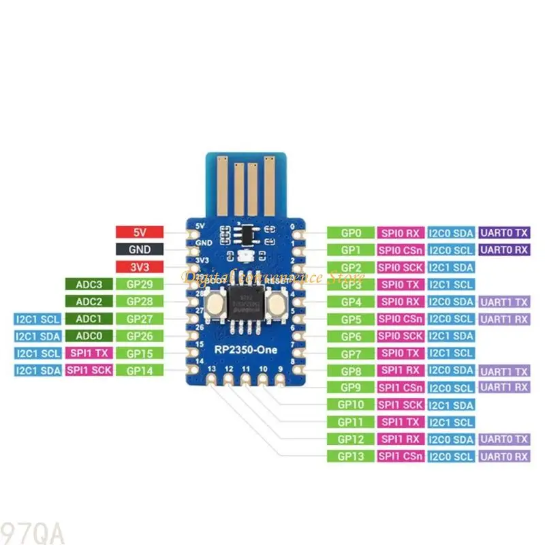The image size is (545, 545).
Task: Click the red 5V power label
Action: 140,232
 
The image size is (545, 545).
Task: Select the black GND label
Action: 140,249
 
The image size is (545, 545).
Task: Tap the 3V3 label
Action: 140,266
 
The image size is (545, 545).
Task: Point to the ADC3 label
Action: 89,284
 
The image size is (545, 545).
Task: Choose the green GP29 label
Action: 140,284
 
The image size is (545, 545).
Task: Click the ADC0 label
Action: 89,336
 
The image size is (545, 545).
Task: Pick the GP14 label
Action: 140,370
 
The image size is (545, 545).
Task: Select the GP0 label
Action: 350,232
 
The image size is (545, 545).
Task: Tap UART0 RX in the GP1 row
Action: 504,249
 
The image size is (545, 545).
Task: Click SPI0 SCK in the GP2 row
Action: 401,267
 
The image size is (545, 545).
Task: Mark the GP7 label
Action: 350,353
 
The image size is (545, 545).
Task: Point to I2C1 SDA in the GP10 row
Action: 451,405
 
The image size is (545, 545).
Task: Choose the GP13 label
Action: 350,456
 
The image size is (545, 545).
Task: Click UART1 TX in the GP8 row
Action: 504,371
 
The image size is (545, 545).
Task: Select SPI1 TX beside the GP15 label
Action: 89,353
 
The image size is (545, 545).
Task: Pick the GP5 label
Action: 350,319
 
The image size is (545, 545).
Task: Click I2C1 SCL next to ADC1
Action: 37,318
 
